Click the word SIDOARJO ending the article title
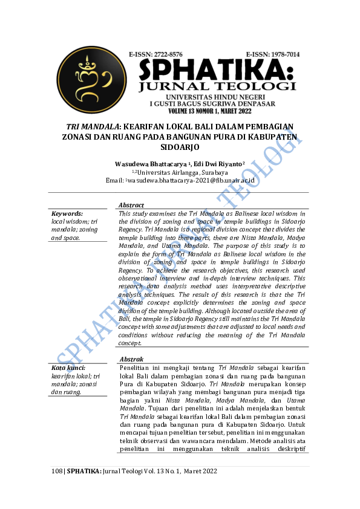180,147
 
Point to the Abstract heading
131,206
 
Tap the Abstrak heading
131,360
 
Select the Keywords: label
67,214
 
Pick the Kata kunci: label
68,368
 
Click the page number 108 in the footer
56,471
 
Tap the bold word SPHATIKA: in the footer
84,471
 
